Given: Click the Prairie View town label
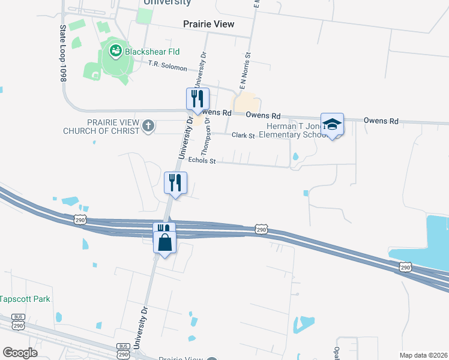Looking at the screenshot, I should click(208, 24).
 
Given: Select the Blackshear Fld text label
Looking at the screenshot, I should click(152, 52).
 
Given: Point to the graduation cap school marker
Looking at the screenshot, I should click(332, 124).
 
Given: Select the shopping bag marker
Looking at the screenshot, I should click(164, 243).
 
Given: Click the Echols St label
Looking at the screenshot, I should click(201, 160).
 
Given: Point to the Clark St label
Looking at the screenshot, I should click(244, 136).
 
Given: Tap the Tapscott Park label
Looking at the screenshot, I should click(25, 298).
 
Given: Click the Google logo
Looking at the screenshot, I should click(19, 353).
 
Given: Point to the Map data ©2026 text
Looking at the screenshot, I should click(423, 355).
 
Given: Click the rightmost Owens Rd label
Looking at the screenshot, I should click(381, 121).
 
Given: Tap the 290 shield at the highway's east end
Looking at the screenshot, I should click(406, 267).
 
